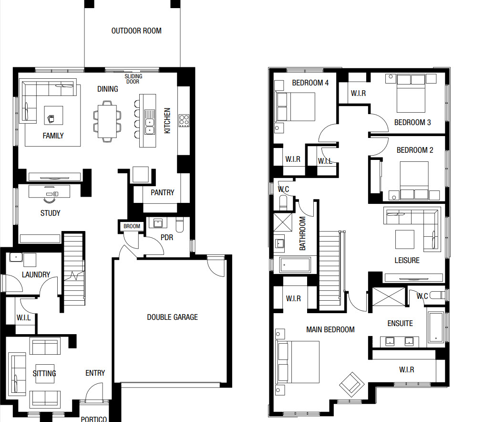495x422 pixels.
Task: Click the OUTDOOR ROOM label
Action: tap(136, 31)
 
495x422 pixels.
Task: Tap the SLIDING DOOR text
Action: tap(133, 79)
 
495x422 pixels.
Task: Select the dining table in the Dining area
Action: tap(107, 121)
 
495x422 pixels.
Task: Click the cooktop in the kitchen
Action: tap(184, 121)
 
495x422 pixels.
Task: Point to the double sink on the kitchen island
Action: tap(150, 122)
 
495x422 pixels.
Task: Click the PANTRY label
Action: tap(162, 192)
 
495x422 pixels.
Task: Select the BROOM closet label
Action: tap(132, 226)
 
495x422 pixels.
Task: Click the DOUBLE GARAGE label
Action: tap(172, 317)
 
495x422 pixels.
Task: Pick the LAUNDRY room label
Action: tap(36, 274)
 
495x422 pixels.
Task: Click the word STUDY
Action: tap(50, 213)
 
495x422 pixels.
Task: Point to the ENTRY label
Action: tap(95, 373)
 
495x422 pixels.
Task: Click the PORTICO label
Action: tap(94, 419)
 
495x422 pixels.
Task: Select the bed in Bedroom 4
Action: tap(295, 106)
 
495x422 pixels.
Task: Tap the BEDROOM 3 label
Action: tap(412, 122)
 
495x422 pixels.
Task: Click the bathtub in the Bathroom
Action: tap(295, 265)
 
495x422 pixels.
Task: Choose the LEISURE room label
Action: tap(407, 261)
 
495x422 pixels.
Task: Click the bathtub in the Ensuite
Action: tap(436, 327)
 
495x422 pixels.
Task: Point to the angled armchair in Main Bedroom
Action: tap(351, 384)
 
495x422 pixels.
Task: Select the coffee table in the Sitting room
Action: tap(45, 374)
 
